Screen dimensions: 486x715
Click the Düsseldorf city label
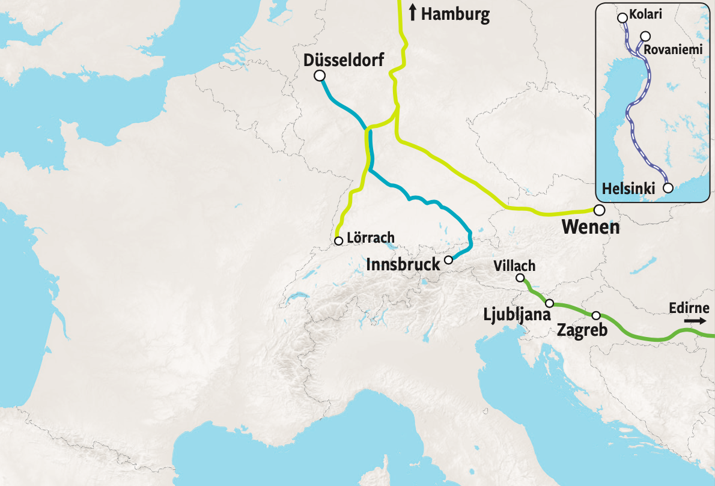tap(344, 60)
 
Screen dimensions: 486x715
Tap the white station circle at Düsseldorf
tap(320, 75)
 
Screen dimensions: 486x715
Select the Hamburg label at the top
tap(455, 14)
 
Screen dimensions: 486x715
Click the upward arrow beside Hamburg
tap(412, 12)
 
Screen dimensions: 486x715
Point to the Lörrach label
tap(371, 237)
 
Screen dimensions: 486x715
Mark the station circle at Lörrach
tap(338, 241)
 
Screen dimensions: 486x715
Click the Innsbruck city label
tap(403, 264)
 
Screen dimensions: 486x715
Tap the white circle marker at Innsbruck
tap(448, 260)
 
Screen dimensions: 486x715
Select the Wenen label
tap(590, 228)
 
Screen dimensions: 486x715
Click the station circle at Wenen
tap(599, 210)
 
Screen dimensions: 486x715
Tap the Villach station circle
tap(520, 278)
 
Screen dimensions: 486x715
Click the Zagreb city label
tap(582, 330)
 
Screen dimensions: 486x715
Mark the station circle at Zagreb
tap(596, 315)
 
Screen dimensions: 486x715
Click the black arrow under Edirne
tap(695, 321)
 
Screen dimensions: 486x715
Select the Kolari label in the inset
tap(647, 14)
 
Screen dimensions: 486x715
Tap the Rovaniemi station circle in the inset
tap(645, 36)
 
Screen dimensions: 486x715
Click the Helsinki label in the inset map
tap(628, 189)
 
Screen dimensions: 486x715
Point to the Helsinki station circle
tap(668, 187)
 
